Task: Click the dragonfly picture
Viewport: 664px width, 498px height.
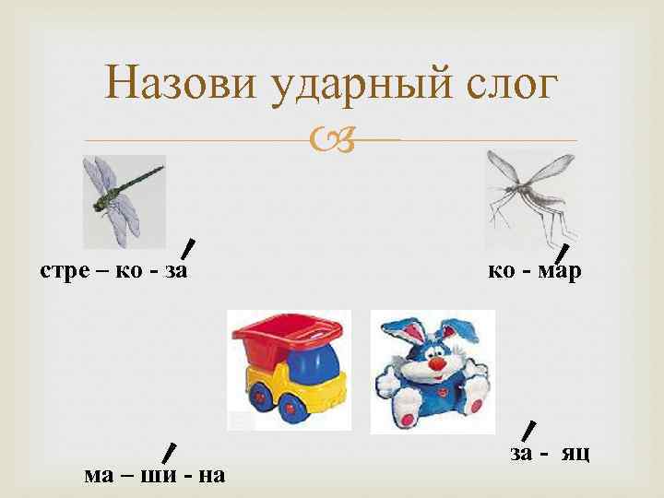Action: pyautogui.click(x=124, y=196)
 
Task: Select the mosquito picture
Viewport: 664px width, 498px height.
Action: pyautogui.click(x=529, y=195)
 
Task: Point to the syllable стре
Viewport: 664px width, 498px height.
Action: pyautogui.click(x=63, y=271)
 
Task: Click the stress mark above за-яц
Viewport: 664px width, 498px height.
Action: pyautogui.click(x=528, y=431)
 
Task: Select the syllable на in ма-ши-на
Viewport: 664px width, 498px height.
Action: pyautogui.click(x=211, y=475)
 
